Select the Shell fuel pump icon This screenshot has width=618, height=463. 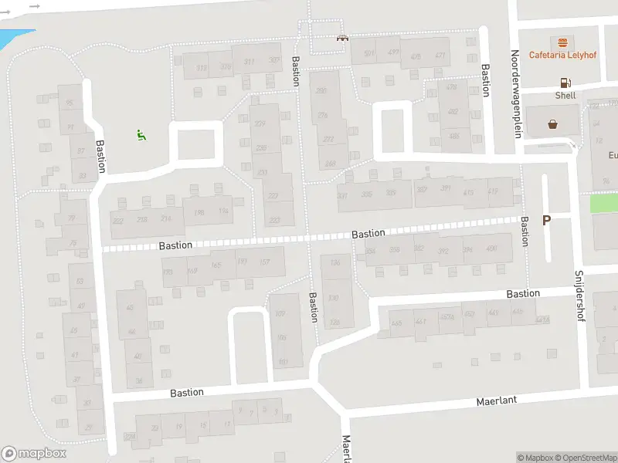coord(565,83)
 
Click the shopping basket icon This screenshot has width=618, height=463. coord(553,123)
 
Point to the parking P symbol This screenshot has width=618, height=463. coord(546,221)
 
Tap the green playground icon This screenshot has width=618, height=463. coord(141,136)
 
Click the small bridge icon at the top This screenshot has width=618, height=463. coord(341,36)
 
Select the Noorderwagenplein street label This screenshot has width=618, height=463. coord(515,94)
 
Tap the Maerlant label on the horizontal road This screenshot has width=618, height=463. coord(496,400)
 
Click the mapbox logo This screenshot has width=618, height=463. coord(34,454)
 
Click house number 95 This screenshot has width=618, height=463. coord(70,103)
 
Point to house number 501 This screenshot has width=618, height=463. coord(369,53)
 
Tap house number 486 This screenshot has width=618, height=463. coord(453,137)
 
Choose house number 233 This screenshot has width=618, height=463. coord(273,221)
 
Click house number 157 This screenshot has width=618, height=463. coord(265,262)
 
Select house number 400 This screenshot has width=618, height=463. coord(491,249)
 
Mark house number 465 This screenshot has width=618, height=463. coord(397,323)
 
